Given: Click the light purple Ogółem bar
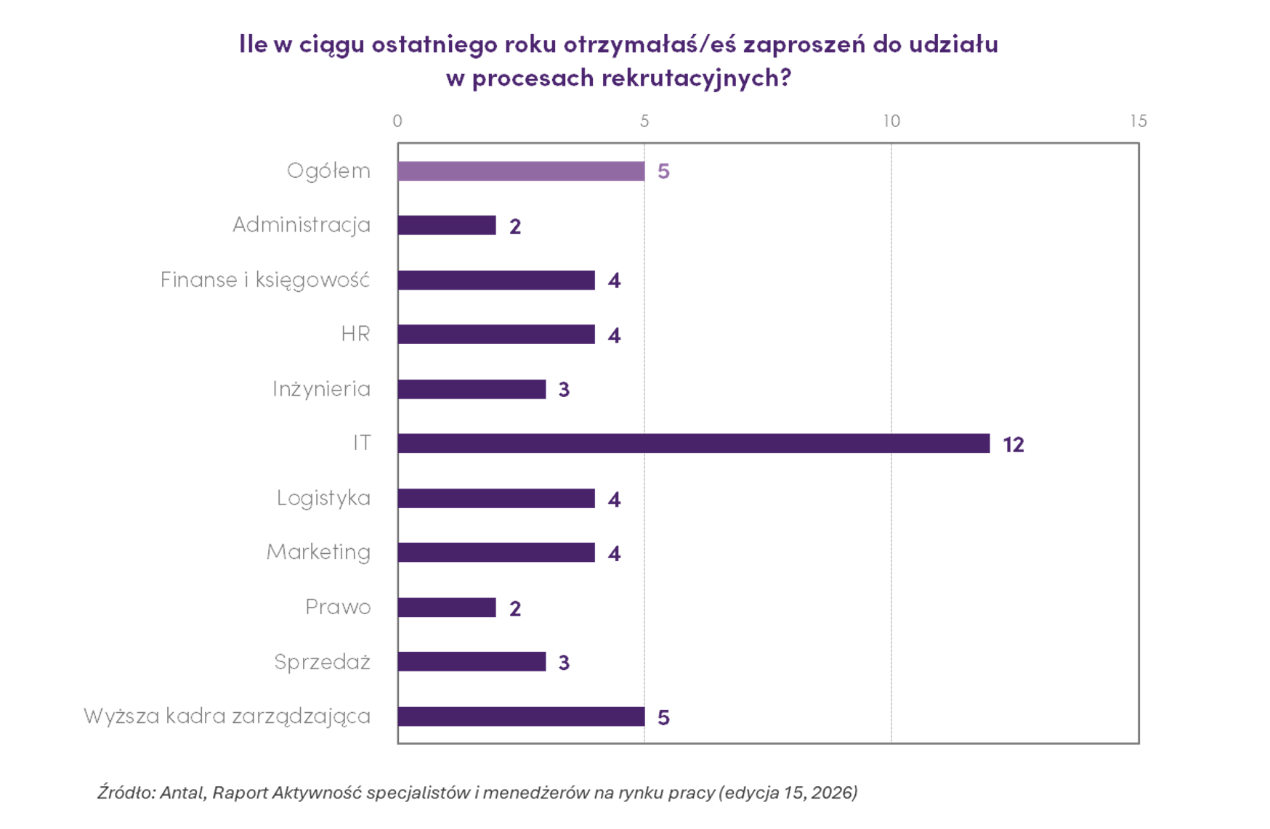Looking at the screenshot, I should [x=521, y=171].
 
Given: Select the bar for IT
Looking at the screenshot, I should [x=693, y=444].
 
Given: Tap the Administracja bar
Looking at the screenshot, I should [x=447, y=226].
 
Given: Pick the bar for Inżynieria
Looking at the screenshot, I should [x=472, y=389].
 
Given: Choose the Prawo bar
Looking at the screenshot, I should [x=447, y=608].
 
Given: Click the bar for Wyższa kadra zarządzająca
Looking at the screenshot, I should [x=521, y=716].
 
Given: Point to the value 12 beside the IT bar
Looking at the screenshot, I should [x=1014, y=444].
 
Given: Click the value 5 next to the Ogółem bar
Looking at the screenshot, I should [x=663, y=171].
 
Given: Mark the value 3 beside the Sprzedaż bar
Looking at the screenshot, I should [x=564, y=663].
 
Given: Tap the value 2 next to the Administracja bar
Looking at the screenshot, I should [x=515, y=226].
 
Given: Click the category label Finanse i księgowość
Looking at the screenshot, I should [x=265, y=280].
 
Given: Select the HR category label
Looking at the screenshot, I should [x=355, y=334].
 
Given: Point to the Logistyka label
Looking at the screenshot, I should [x=323, y=498].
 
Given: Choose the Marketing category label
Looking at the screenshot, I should [x=318, y=552].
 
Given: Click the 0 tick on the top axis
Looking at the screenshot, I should [x=397, y=121].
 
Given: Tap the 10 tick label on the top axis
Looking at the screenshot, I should [x=891, y=121].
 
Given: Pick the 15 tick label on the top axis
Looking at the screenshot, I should [x=1138, y=121].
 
